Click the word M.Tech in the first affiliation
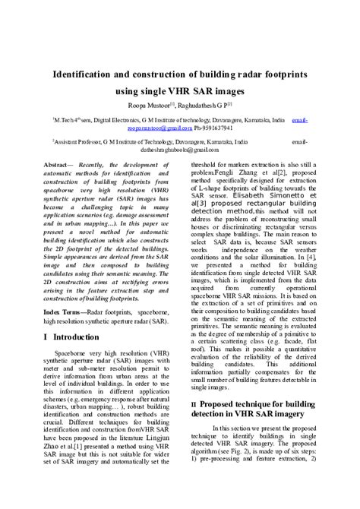pyautogui.click(x=63, y=120)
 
